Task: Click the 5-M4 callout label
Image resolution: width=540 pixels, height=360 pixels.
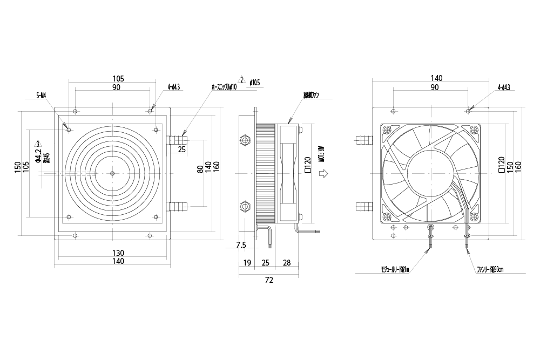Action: pyautogui.click(x=41, y=96)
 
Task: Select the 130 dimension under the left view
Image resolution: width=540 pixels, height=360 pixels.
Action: pyautogui.click(x=118, y=253)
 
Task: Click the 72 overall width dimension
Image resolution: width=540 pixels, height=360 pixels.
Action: pyautogui.click(x=269, y=280)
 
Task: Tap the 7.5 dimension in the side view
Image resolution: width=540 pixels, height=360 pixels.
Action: pyautogui.click(x=241, y=245)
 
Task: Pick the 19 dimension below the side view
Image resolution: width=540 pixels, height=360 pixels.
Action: pyautogui.click(x=247, y=262)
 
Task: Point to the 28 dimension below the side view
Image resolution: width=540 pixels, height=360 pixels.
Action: pyautogui.click(x=287, y=262)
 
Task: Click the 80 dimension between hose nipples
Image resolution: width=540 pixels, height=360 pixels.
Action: pyautogui.click(x=199, y=169)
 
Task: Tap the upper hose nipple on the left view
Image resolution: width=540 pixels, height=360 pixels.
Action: pyautogui.click(x=178, y=141)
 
